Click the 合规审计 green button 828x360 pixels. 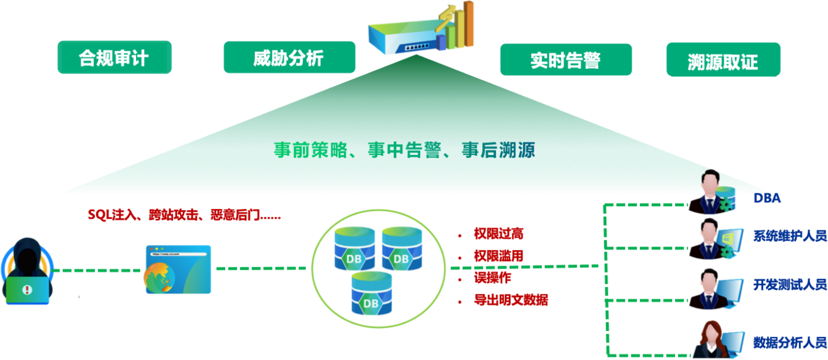[x=114, y=57]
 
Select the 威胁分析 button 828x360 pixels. [x=289, y=57]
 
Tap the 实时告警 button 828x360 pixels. [x=565, y=60]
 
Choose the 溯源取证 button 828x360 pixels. [x=723, y=60]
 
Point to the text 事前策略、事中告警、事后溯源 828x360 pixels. [x=404, y=150]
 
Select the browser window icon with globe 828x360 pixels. [x=178, y=269]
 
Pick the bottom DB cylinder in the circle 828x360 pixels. [x=371, y=294]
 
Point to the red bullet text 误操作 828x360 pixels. [x=492, y=278]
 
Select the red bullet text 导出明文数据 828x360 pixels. [x=511, y=300]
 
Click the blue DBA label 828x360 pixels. [x=767, y=199]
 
